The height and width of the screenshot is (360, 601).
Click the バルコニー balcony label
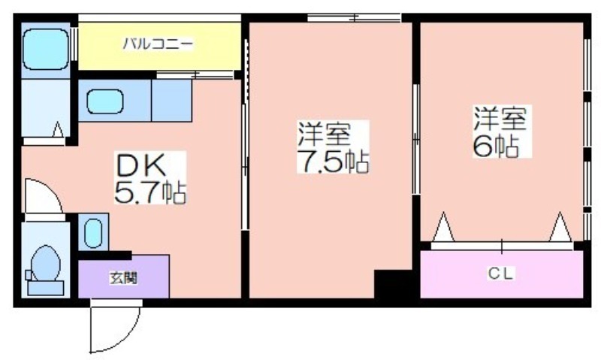click(x=158, y=44)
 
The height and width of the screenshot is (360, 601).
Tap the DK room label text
click(x=140, y=165)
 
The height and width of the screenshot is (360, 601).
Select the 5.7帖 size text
click(x=150, y=192)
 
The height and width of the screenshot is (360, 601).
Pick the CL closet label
click(x=500, y=274)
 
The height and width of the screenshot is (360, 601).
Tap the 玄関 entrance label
click(x=123, y=278)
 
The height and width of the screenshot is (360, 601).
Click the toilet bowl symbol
click(x=46, y=263)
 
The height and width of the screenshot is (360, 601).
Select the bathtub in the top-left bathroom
click(x=46, y=50)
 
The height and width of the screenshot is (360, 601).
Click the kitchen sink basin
click(x=104, y=101)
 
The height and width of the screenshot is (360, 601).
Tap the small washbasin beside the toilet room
click(x=93, y=233)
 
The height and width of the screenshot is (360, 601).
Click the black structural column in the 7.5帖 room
click(x=393, y=283)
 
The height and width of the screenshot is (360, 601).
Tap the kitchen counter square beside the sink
click(x=172, y=101)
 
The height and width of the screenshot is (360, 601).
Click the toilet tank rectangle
click(x=46, y=288)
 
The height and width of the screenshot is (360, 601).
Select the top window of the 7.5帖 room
click(x=354, y=17)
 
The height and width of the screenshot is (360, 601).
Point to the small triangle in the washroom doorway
click(x=58, y=129)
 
